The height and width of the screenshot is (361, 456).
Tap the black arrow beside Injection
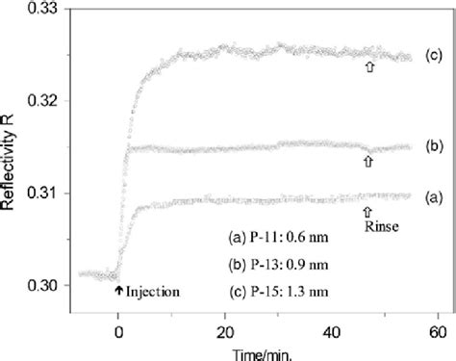(118, 289)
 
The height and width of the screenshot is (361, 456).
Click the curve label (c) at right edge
(434, 56)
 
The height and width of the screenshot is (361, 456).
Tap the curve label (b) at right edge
(434, 148)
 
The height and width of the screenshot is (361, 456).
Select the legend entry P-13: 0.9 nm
(275, 261)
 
